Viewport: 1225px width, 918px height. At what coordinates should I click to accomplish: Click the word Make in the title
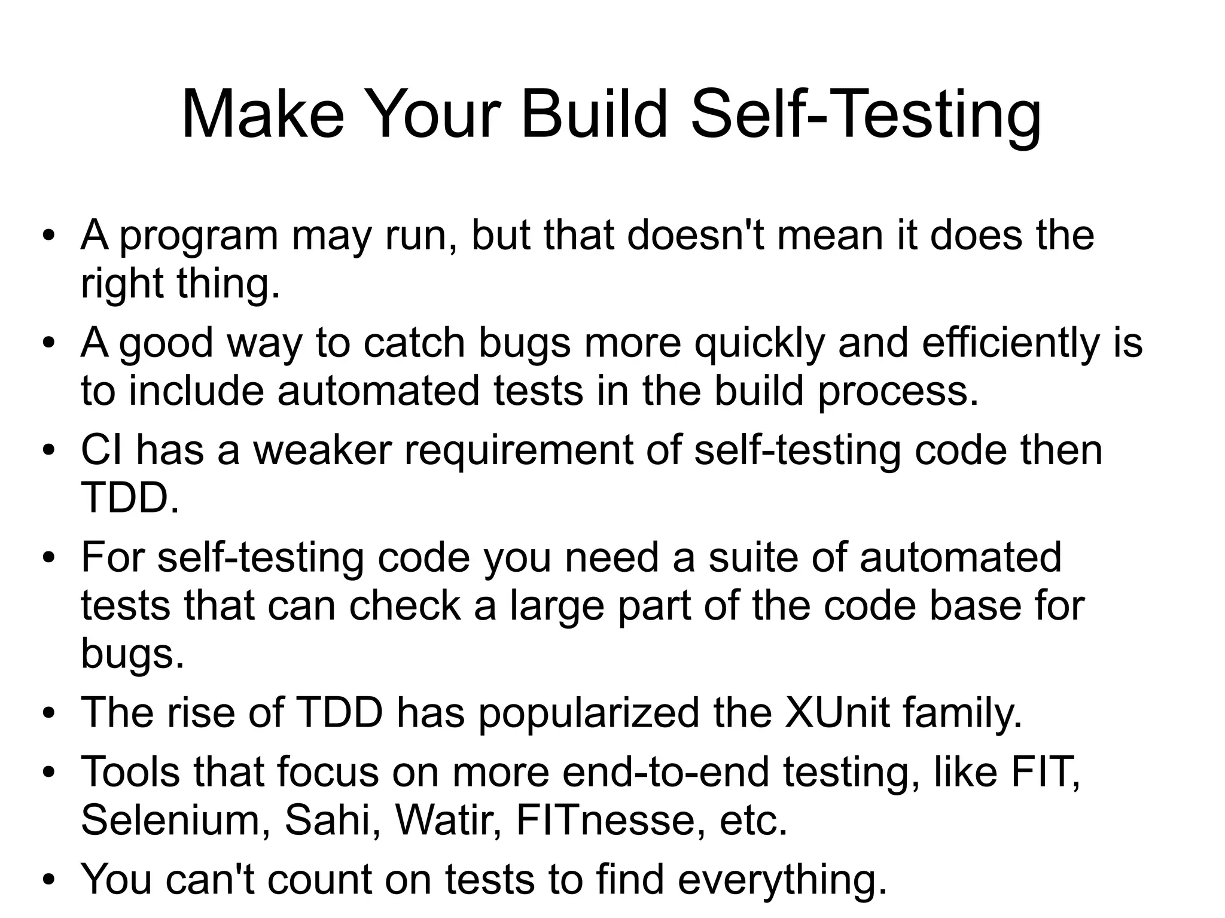tap(263, 114)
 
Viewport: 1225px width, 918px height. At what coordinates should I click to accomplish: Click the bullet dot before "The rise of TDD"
tap(49, 713)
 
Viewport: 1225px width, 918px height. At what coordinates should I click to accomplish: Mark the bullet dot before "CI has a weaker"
tap(49, 451)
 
